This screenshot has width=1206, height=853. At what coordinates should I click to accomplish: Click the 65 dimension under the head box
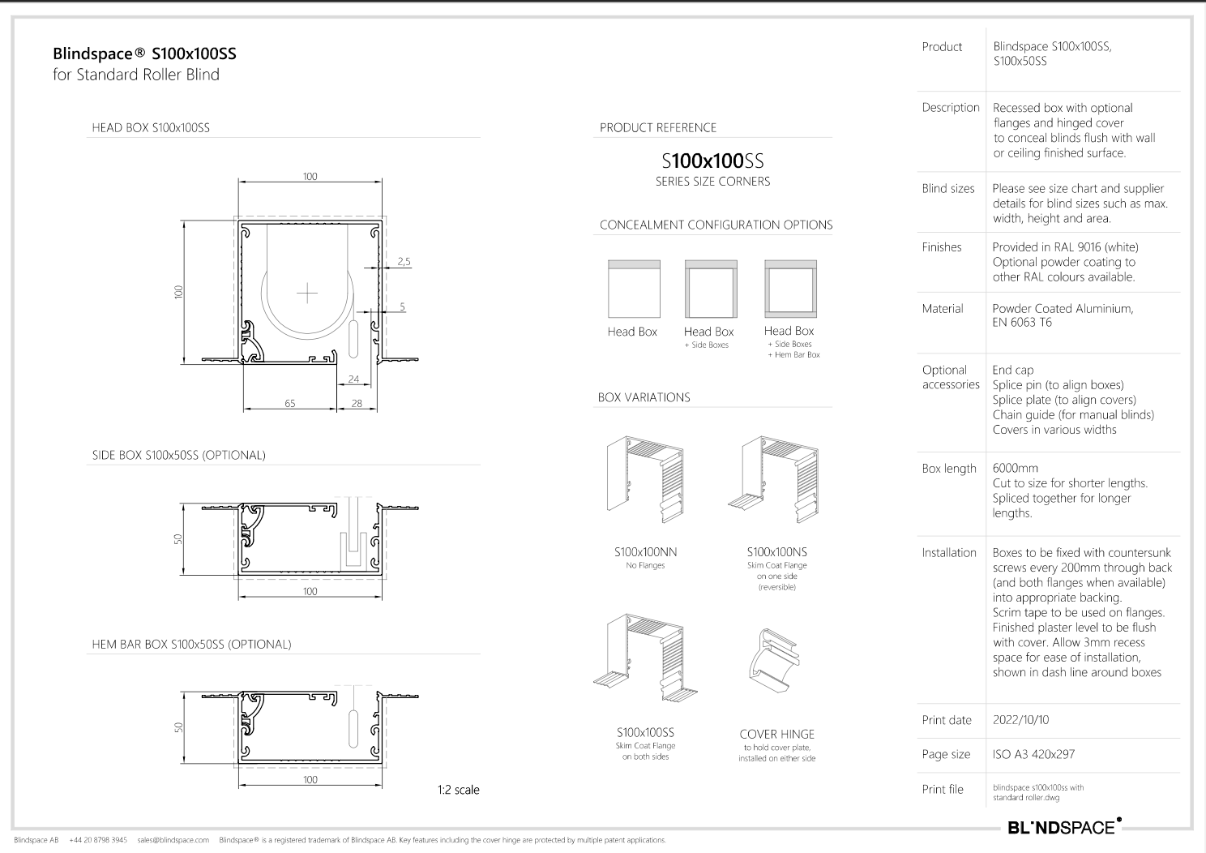pyautogui.click(x=290, y=403)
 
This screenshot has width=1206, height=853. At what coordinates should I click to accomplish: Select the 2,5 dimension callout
pyautogui.click(x=404, y=262)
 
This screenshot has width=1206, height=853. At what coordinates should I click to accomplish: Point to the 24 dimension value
pyautogui.click(x=353, y=379)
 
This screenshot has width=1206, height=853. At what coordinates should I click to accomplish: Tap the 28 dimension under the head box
pyautogui.click(x=357, y=403)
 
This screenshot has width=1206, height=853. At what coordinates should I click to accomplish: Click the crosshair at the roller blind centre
pyautogui.click(x=307, y=293)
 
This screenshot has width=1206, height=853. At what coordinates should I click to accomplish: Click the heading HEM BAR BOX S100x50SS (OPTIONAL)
pyautogui.click(x=191, y=645)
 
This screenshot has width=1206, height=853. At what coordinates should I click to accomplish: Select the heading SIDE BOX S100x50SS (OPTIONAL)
pyautogui.click(x=178, y=456)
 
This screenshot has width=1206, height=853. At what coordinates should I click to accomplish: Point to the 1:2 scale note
pyautogui.click(x=458, y=790)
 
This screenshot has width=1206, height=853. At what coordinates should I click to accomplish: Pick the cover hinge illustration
pyautogui.click(x=773, y=661)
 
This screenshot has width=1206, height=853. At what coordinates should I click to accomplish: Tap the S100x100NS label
pyautogui.click(x=776, y=552)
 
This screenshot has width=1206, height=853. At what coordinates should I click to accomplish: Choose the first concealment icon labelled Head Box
pyautogui.click(x=634, y=289)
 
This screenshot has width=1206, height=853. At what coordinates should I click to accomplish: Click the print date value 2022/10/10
pyautogui.click(x=1020, y=720)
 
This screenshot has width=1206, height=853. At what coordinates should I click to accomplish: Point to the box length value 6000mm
pyautogui.click(x=1015, y=469)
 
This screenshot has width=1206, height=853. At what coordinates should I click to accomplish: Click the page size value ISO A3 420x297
pyautogui.click(x=1033, y=754)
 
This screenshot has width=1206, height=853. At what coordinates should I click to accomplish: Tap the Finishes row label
pyautogui.click(x=942, y=247)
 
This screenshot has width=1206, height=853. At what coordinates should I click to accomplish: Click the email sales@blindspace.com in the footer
pyautogui.click(x=173, y=840)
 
